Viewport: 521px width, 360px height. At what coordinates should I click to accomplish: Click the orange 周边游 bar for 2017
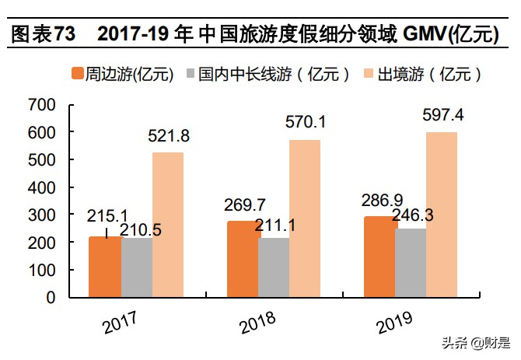(x=105, y=267)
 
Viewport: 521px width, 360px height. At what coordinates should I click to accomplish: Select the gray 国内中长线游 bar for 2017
(x=137, y=267)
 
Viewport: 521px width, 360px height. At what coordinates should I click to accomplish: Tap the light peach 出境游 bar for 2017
(x=168, y=225)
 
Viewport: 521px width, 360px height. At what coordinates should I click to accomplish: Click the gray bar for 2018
(x=274, y=267)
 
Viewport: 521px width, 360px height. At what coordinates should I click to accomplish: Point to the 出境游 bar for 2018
(x=305, y=218)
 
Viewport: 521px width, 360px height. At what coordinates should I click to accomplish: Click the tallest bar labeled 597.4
(x=442, y=215)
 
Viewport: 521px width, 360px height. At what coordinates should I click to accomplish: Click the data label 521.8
(x=169, y=137)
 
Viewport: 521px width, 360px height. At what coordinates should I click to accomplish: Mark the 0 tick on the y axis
(x=51, y=297)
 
